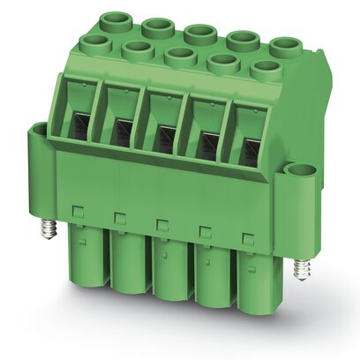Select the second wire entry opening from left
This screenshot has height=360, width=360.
122,131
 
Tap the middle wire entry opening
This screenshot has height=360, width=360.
165,135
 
